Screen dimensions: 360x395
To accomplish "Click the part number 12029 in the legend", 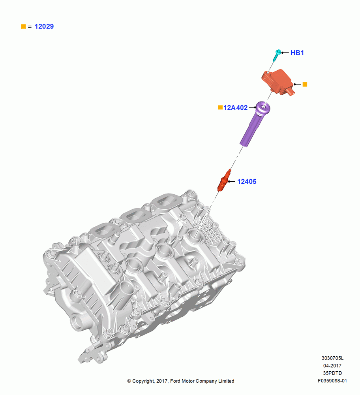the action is click(x=44, y=26).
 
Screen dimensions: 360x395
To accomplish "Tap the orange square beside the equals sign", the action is click(x=23, y=26).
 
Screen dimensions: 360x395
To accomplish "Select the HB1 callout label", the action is click(x=297, y=53).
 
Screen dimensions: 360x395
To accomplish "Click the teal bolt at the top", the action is click(x=277, y=55).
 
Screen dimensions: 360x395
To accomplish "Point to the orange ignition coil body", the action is click(x=277, y=82).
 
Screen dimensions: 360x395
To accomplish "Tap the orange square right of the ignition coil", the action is click(x=305, y=85).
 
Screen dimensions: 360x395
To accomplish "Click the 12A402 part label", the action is click(x=236, y=108).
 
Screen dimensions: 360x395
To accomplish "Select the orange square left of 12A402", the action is click(x=220, y=107).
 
